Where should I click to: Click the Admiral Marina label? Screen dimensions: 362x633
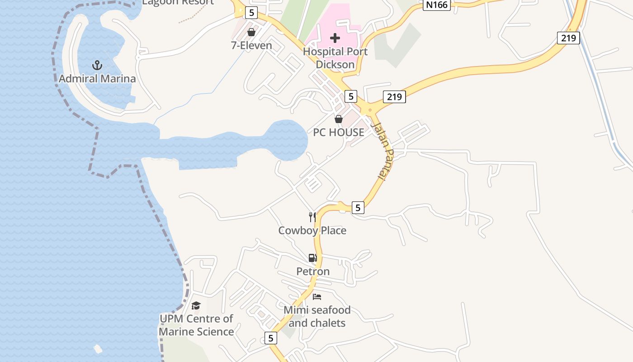97,79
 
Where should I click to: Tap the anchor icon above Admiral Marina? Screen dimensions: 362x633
97,66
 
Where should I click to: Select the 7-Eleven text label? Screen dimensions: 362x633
251,45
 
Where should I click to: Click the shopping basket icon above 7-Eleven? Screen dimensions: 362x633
251,32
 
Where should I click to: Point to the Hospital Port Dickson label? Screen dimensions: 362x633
335,58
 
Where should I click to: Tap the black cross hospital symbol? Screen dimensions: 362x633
335,38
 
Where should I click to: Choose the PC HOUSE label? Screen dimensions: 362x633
339,132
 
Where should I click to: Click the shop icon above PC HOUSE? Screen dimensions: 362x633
338,119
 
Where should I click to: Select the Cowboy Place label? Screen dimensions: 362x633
312,230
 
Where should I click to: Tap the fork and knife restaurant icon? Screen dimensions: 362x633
312,217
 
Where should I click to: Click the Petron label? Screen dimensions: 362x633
313,271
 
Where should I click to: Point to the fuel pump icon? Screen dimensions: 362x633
312,258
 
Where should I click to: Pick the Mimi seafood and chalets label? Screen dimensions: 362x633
317,316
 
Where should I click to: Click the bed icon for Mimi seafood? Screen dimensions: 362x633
317,297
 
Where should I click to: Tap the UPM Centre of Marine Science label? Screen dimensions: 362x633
196,325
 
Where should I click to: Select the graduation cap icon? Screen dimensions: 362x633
196,306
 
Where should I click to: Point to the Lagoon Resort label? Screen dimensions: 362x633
178,2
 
